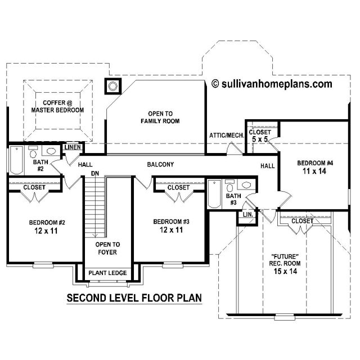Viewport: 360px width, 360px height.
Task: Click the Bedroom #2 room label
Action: (47, 223)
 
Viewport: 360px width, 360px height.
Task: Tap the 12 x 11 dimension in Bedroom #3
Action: (171, 230)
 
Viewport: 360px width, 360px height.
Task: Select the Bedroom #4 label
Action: (315, 163)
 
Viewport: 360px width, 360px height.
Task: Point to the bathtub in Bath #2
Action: (16, 160)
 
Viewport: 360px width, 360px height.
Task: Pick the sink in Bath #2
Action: (51, 151)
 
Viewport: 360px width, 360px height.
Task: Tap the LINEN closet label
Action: (73, 147)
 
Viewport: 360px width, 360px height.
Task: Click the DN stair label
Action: (95, 174)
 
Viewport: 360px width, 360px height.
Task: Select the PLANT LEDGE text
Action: (107, 273)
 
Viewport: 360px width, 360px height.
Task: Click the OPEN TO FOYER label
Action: (107, 248)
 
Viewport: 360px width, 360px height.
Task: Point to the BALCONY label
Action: (160, 164)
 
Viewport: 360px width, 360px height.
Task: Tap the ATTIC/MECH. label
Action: (227, 136)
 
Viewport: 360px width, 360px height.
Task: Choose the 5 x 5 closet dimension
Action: (260, 139)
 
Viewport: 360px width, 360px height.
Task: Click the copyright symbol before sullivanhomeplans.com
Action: (215, 84)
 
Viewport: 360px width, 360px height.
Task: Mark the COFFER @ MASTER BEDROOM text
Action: (57, 106)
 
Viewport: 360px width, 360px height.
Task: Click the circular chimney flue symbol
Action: (112, 86)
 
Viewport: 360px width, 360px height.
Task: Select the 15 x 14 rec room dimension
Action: (285, 271)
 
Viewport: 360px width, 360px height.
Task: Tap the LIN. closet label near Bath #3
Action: (248, 215)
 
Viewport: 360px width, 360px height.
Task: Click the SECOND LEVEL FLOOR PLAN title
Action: (134, 298)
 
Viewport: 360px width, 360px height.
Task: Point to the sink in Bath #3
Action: (246, 185)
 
